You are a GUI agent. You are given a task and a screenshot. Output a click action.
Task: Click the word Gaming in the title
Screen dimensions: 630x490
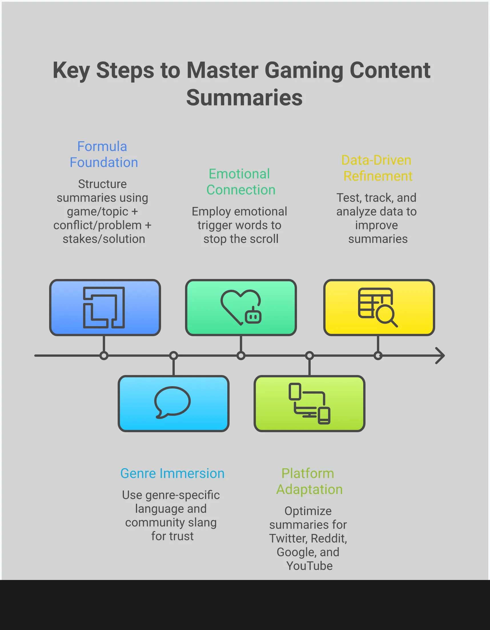pyautogui.click(x=304, y=71)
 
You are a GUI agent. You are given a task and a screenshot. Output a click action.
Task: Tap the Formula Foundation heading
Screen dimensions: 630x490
pyautogui.click(x=103, y=154)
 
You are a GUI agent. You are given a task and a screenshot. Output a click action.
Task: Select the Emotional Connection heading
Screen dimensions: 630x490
pyautogui.click(x=240, y=182)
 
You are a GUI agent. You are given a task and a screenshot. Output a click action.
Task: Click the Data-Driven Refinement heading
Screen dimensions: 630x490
pyautogui.click(x=377, y=168)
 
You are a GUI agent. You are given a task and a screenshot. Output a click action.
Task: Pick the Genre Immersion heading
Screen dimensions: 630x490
pyautogui.click(x=172, y=473)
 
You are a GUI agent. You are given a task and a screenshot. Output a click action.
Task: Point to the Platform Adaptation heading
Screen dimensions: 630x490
pyautogui.click(x=309, y=481)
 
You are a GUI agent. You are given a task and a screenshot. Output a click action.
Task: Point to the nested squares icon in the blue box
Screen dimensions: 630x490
pyautogui.click(x=104, y=308)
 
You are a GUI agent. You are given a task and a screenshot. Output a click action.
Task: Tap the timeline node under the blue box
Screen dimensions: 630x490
pyautogui.click(x=104, y=356)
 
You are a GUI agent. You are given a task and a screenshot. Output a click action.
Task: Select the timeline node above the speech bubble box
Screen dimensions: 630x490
pyautogui.click(x=174, y=356)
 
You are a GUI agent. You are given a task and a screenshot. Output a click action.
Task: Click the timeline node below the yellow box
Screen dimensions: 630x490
pyautogui.click(x=378, y=356)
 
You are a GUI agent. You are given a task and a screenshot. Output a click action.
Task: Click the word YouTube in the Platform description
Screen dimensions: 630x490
pyautogui.click(x=309, y=566)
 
